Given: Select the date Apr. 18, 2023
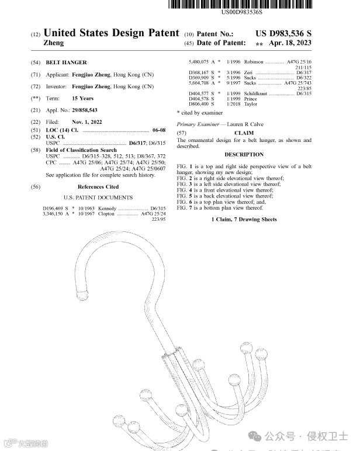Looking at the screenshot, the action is coord(290,44).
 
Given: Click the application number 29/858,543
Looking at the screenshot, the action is coord(85,110).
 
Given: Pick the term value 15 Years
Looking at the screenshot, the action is coord(82,98).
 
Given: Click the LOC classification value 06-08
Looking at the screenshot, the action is coord(159,129).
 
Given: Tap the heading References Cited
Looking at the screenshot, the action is coord(98,187).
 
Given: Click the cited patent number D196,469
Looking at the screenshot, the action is coord(55,209).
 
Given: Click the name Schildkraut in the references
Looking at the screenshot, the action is coord(257,93).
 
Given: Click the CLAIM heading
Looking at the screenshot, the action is coord(244,133).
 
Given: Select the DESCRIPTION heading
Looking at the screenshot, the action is coord(244,155).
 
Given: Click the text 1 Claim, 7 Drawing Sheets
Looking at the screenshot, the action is coord(244,220).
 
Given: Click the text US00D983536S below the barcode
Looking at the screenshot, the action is coord(242,12).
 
